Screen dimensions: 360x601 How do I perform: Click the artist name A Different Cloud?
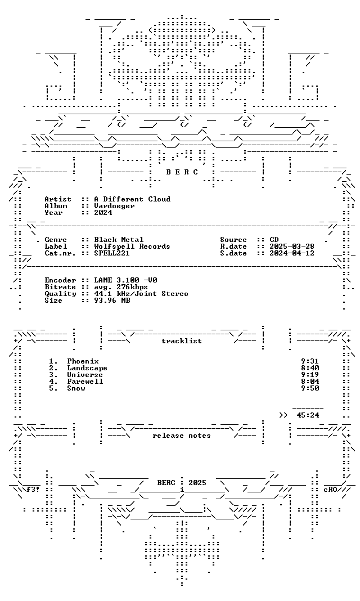pyautogui.click(x=132, y=199)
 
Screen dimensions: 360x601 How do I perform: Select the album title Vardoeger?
pyautogui.click(x=114, y=206)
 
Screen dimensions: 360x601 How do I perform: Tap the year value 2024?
pyautogui.click(x=103, y=213)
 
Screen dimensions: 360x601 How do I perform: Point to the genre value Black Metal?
pyautogui.click(x=119, y=240)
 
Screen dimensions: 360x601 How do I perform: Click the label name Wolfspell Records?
pyautogui.click(x=132, y=246)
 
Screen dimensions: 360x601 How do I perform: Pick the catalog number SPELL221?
pyautogui.click(x=112, y=253)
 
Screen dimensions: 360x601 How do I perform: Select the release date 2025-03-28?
pyautogui.click(x=292, y=246)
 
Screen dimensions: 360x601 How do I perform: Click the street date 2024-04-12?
pyautogui.click(x=292, y=253)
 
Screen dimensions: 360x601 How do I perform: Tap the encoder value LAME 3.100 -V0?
pyautogui.click(x=125, y=280)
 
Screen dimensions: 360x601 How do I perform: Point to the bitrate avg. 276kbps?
pyautogui.click(x=121, y=287)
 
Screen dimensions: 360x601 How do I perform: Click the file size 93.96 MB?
pyautogui.click(x=112, y=300)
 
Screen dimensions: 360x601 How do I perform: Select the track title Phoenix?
pyautogui.click(x=83, y=361)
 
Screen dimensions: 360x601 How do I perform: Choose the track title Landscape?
pyautogui.click(x=87, y=369)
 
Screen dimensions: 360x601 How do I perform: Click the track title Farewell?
pyautogui.click(x=85, y=382)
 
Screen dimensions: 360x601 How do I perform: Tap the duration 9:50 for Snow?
pyautogui.click(x=310, y=388)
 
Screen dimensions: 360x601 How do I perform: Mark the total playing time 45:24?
pyautogui.click(x=308, y=415)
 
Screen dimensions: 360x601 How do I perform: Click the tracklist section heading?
pyautogui.click(x=182, y=341)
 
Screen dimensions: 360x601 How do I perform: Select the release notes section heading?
pyautogui.click(x=182, y=436)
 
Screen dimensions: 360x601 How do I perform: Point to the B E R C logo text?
pyautogui.click(x=182, y=172)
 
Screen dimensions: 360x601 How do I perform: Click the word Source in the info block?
pyautogui.click(x=233, y=240)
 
